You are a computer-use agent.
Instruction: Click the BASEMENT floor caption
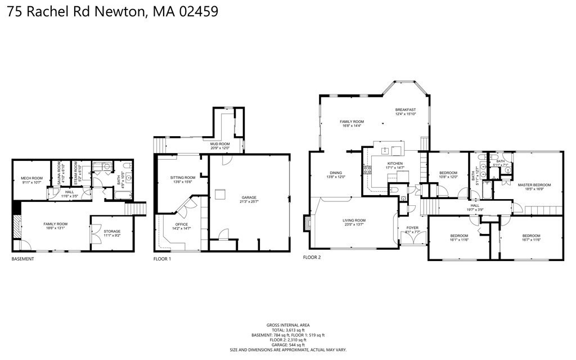23,259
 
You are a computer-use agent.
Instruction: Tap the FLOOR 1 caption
162,259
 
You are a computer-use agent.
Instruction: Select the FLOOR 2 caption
312,257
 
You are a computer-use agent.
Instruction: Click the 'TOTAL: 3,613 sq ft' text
288,330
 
